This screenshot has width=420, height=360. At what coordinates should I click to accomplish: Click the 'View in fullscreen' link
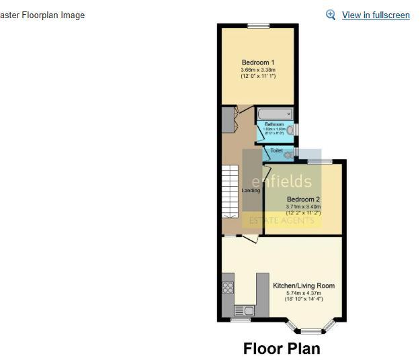click(376, 15)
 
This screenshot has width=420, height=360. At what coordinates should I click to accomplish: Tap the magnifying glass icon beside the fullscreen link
click(331, 15)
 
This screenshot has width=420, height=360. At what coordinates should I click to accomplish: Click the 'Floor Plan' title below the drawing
click(282, 349)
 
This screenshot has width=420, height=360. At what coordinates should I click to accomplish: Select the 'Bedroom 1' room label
click(258, 63)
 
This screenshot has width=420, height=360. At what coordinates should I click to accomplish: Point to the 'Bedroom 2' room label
click(303, 199)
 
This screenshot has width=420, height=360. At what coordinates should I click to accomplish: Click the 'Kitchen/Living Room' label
click(304, 285)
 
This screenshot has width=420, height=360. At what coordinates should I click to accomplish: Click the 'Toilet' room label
click(276, 151)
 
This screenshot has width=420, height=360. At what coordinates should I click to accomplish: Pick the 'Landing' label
click(251, 191)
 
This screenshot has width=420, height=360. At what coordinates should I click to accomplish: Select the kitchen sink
click(243, 310)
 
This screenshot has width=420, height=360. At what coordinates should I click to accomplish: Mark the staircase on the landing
click(230, 191)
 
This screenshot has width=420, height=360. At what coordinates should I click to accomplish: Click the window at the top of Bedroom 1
click(258, 26)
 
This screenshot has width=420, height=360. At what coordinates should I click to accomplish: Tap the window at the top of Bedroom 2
click(320, 162)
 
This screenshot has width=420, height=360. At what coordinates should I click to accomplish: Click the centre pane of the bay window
click(310, 331)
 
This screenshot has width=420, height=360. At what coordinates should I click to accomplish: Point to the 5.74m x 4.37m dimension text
click(304, 293)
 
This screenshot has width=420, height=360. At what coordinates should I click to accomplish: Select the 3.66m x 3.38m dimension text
click(258, 70)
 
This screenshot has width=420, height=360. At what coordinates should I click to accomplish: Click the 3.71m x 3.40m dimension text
click(303, 207)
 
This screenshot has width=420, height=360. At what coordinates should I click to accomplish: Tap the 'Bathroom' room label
click(274, 125)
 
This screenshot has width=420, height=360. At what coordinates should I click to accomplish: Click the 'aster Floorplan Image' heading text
click(42, 15)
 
